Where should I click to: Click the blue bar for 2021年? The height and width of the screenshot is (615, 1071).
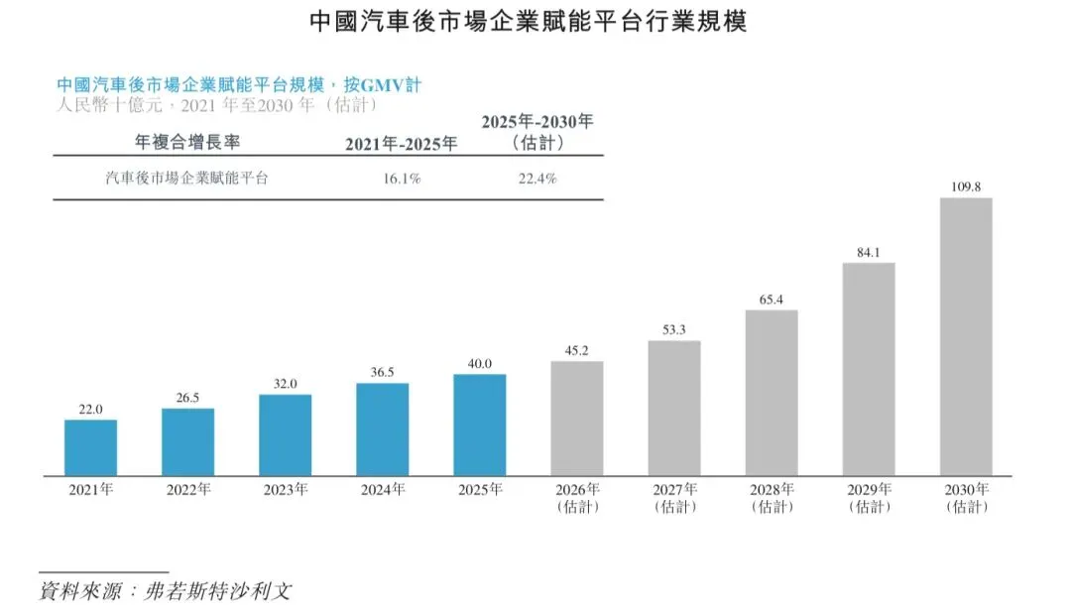coord(90,447)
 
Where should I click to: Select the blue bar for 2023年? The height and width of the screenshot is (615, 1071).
coord(285,434)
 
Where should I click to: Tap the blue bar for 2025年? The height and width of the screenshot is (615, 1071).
coord(479,424)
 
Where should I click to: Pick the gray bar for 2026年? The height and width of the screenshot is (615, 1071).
coord(576,418)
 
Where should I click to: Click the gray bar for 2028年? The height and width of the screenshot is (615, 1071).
coord(771,392)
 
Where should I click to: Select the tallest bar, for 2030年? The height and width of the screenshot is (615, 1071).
coord(965,336)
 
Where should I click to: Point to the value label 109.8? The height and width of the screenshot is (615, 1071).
coord(965,186)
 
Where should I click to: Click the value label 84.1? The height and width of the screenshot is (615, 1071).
coord(868,251)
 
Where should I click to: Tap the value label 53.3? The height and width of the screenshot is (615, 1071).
coord(673,329)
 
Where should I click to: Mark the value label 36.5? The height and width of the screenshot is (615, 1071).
coord(382,372)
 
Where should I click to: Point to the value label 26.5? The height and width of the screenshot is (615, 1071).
coord(187,397)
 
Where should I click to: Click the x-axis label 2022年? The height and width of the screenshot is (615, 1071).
coord(187,489)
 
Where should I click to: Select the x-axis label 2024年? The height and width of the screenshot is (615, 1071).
coord(382,489)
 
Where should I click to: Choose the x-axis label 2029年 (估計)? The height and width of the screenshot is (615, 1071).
coord(868,498)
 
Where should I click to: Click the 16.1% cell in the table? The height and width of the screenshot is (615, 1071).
coord(402,180)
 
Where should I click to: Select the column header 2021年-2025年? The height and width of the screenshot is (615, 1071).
coord(402,144)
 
